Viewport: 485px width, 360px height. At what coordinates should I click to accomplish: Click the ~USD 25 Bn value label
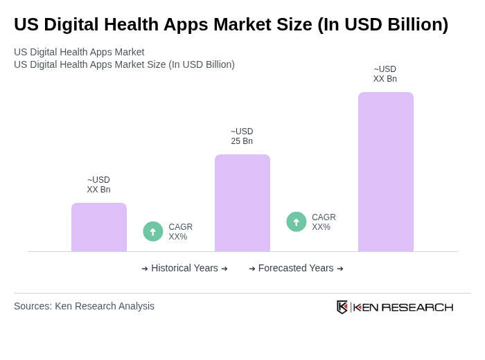point(242,136)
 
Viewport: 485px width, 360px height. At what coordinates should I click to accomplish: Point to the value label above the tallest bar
point(385,74)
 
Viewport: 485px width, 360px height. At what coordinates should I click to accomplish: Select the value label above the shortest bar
point(98,185)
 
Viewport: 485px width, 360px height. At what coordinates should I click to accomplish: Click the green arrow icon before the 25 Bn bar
point(153,231)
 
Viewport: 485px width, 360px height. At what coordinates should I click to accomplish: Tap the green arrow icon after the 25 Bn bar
point(297,222)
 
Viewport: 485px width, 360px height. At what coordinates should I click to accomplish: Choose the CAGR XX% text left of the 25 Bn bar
point(180,232)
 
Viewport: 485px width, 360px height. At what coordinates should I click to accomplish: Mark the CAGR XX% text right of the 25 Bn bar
point(324,222)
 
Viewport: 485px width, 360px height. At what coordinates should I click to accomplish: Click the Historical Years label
point(184,268)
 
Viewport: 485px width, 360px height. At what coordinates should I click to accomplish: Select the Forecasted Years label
point(296,268)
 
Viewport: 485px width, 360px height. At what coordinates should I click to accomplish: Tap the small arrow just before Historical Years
point(145,269)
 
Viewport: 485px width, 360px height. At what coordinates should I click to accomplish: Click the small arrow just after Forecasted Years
point(340,269)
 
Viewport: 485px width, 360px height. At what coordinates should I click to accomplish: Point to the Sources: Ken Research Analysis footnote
point(84,306)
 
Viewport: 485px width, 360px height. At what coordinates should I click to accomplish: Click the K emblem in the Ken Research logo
point(342,307)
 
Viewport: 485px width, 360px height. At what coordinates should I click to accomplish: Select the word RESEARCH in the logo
point(417,307)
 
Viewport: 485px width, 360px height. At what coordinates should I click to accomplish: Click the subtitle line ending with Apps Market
point(79,52)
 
